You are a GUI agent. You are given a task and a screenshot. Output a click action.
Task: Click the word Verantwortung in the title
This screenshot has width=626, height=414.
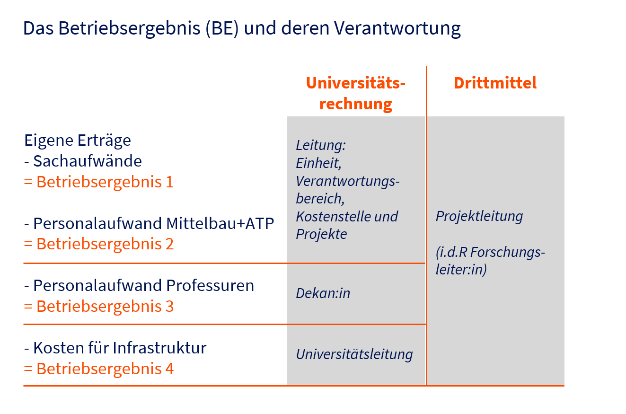tap(397, 28)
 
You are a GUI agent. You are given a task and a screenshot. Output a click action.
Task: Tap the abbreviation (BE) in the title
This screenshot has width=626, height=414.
tap(222, 28)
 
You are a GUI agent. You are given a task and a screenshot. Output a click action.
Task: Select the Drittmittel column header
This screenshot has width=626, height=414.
tap(495, 83)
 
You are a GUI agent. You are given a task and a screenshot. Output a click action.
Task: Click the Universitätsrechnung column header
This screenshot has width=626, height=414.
tap(355, 94)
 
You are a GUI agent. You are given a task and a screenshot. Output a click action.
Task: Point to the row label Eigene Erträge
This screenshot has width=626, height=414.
tap(78, 141)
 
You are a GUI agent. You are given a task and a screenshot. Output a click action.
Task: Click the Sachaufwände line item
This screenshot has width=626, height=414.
tap(83, 161)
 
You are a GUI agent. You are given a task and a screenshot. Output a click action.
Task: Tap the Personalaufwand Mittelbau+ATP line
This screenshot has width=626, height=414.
tap(149, 223)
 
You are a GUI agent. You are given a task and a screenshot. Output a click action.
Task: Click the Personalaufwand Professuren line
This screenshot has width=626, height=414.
tap(139, 286)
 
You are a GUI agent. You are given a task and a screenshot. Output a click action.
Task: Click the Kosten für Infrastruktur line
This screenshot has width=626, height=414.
tap(115, 348)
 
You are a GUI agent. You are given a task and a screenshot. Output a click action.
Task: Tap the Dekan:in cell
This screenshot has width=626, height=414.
tap(323, 293)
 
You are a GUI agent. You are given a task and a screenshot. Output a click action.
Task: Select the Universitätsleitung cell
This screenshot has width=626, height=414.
tap(354, 354)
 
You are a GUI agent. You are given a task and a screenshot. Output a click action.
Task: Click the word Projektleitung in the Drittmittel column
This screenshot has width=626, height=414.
tap(479, 216)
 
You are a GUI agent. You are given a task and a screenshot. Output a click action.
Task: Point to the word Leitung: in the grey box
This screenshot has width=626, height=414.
tap(321, 146)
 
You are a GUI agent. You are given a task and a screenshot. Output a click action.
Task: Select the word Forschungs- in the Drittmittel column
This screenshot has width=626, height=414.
tap(508, 253)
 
